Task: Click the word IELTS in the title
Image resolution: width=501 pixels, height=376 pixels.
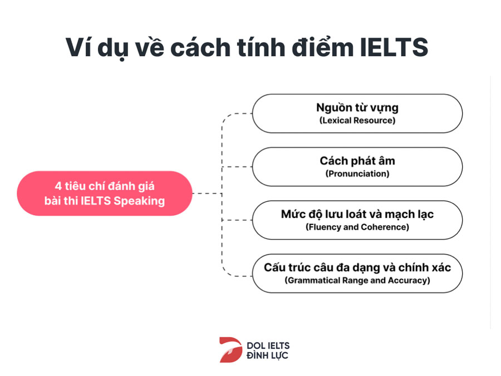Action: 394,47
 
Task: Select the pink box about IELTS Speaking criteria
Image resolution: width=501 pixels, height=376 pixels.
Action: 105,193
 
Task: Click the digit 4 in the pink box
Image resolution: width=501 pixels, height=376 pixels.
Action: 58,186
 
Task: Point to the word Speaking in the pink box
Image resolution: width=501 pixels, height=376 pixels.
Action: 139,201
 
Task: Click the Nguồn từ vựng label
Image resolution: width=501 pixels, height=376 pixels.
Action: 357,108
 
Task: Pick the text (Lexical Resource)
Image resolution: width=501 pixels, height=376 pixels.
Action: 357,120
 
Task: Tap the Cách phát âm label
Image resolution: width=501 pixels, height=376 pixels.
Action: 357,160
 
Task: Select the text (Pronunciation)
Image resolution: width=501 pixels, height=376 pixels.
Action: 357,174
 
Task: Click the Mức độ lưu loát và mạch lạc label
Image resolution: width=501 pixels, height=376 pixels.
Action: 357,214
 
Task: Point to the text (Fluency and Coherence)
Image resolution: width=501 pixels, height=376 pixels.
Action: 357,227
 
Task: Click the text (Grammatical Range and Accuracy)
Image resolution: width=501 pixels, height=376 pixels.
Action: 357,280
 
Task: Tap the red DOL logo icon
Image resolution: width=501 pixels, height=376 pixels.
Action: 230,350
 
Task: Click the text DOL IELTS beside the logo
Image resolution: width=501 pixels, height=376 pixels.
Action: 268,345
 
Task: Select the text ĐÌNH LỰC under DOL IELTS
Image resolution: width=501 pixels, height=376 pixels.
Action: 267,355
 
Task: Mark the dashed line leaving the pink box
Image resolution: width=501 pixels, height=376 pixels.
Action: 208,193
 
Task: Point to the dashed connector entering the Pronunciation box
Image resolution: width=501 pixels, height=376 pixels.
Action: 237,167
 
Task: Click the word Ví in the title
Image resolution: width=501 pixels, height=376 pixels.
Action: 78,47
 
